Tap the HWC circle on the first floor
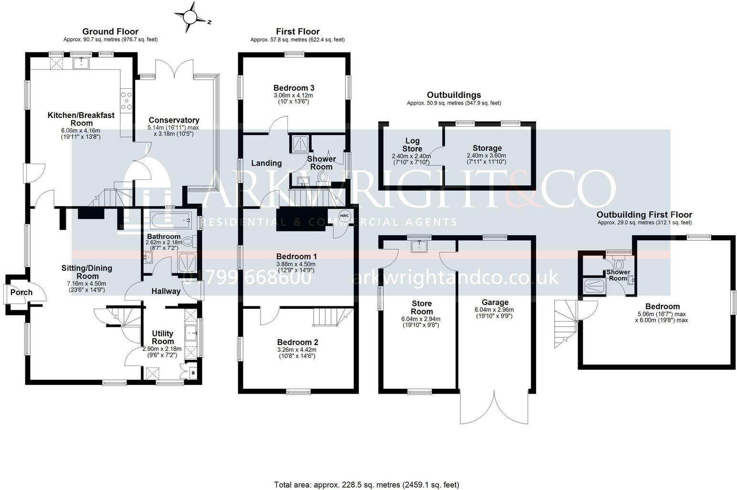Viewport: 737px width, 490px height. (x=345, y=216)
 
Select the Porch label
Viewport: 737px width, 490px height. (x=21, y=292)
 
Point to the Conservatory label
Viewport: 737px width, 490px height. (x=174, y=120)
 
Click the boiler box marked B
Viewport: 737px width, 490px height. (x=192, y=372)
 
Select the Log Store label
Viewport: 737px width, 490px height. (x=412, y=145)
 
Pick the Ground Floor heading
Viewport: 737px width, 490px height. (x=110, y=31)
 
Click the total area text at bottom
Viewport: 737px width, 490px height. (x=366, y=485)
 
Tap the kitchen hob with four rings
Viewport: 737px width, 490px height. (x=127, y=101)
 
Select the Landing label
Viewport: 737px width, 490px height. (x=266, y=163)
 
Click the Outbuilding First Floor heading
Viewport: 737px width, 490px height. (x=644, y=215)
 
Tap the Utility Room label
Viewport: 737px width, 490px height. (x=162, y=337)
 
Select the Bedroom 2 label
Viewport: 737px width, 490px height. (x=297, y=342)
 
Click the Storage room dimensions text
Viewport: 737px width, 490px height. (x=486, y=158)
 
